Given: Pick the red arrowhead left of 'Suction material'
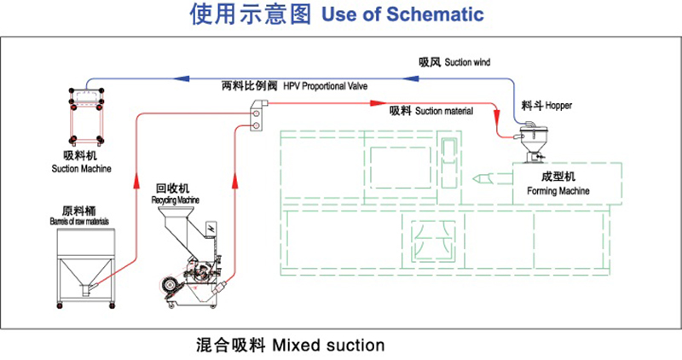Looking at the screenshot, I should point(372,104).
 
